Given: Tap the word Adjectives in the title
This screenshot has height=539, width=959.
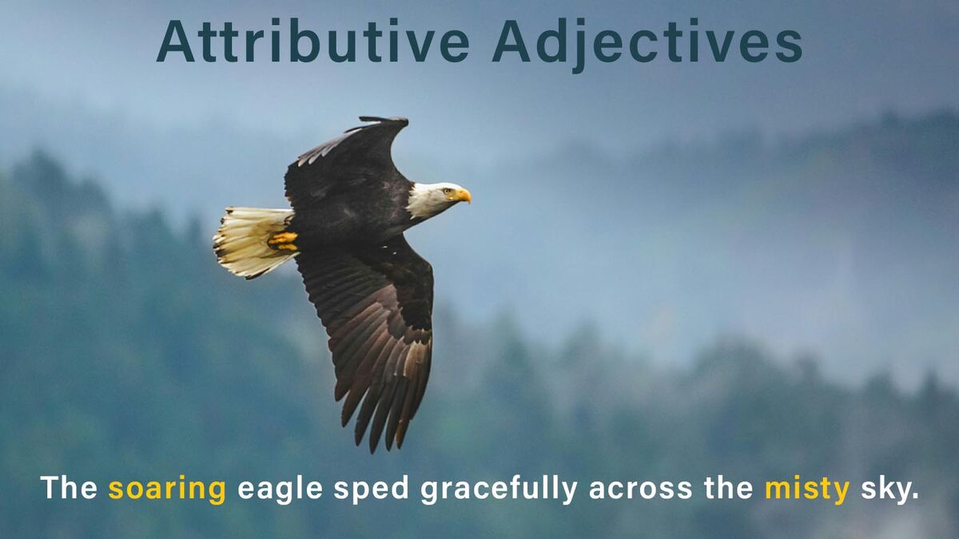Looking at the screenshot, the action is (647, 45).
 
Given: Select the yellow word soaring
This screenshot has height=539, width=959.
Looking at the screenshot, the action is (167, 489).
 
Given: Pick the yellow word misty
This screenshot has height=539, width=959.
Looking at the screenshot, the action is (807, 489).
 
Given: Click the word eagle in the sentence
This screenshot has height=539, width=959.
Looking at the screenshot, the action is (280, 489).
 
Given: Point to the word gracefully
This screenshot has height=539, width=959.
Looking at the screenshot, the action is (499, 489).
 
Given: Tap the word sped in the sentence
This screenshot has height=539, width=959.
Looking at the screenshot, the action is (371, 489).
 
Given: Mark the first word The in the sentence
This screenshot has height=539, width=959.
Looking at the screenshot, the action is (69, 487).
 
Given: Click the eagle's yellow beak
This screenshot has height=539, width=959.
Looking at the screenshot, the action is (464, 196).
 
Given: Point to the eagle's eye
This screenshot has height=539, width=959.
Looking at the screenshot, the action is (448, 192).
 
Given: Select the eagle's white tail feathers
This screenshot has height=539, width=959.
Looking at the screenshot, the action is (250, 242).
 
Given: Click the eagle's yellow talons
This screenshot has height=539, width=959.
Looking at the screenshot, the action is (283, 241).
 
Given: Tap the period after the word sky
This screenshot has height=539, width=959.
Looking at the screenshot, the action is (915, 496).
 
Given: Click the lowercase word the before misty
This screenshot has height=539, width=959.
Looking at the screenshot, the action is (729, 487).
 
